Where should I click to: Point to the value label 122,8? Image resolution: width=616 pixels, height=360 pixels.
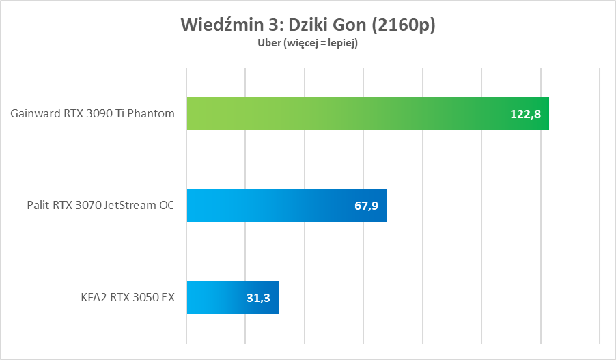pos(525,114)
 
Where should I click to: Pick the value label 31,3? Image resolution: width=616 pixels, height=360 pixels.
pos(258,299)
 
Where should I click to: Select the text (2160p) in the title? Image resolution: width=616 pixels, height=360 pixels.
pos(402,25)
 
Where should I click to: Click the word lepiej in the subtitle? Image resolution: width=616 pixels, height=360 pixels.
pos(342,43)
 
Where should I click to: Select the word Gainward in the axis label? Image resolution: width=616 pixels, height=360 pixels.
pos(34,113)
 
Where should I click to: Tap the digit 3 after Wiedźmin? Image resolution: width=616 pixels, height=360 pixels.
pos(272,25)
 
